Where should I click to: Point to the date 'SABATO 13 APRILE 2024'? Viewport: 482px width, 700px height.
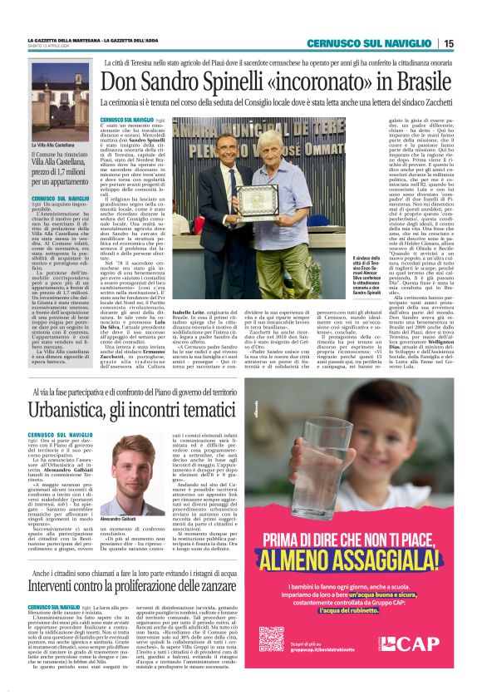pos(55,47)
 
